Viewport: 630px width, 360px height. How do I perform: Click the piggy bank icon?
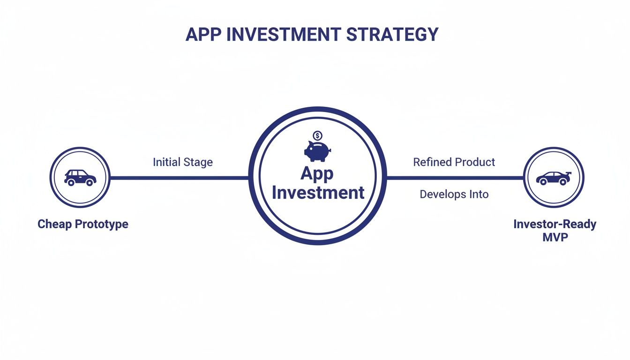317,151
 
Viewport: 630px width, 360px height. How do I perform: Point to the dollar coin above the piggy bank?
317,136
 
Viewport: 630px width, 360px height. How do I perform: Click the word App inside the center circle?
317,173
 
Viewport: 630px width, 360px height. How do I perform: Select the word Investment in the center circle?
318,192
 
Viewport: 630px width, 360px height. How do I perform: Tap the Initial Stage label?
183,162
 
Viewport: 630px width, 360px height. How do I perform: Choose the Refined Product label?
454,162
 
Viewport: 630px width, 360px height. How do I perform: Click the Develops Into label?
454,194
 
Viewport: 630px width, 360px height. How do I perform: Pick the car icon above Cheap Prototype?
80,177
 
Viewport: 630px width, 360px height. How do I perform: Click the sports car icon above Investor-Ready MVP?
554,178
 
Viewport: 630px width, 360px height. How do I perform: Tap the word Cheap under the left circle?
54,224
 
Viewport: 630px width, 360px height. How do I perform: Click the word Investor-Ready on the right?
555,224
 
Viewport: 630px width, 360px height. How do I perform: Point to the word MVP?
555,237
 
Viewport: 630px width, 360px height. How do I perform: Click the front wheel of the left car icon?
89,183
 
